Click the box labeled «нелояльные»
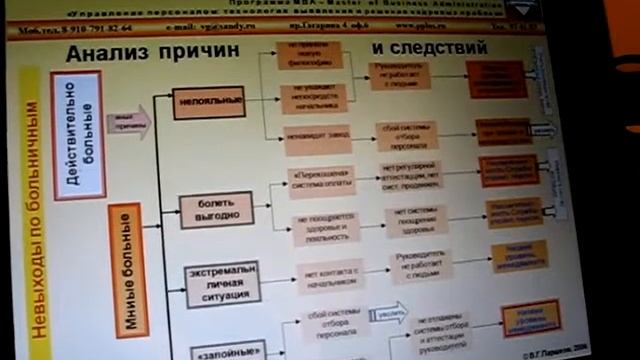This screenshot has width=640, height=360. [x=208, y=102]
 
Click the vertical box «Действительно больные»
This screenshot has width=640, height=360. [x=77, y=149]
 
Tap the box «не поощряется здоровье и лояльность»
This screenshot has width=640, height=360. [x=324, y=227]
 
